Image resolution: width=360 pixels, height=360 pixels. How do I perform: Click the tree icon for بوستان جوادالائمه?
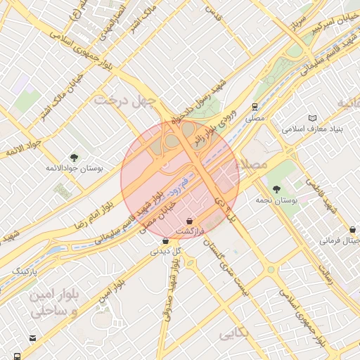74,157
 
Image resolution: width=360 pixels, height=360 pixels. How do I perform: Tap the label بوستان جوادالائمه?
74,169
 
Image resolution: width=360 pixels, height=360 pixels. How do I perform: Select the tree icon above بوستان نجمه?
276,188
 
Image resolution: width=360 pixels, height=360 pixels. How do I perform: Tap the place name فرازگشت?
189,231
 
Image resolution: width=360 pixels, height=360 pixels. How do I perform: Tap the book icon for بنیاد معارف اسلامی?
312,118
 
